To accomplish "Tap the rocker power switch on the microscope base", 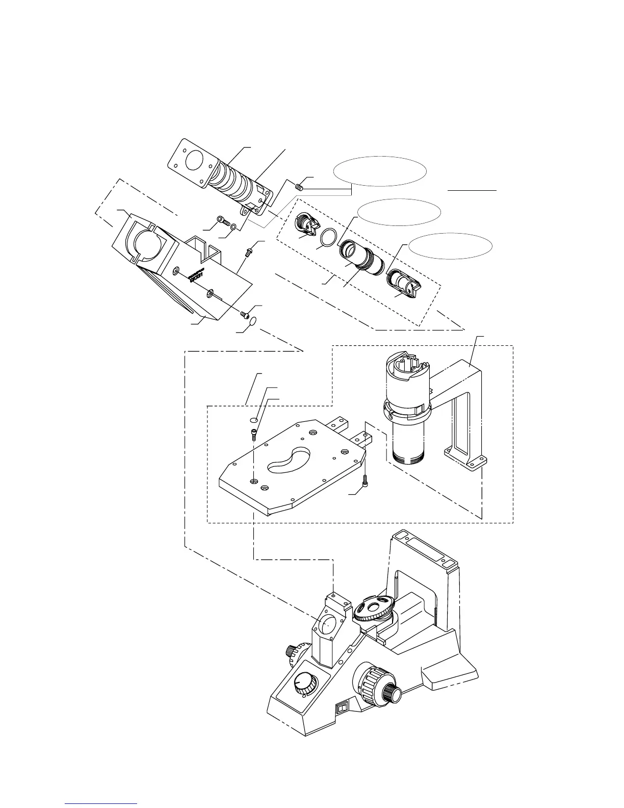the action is (x=342, y=708).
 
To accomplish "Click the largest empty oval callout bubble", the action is (x=380, y=171).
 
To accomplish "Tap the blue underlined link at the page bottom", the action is (x=101, y=802).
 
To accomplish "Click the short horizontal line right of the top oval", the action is (x=472, y=190).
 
